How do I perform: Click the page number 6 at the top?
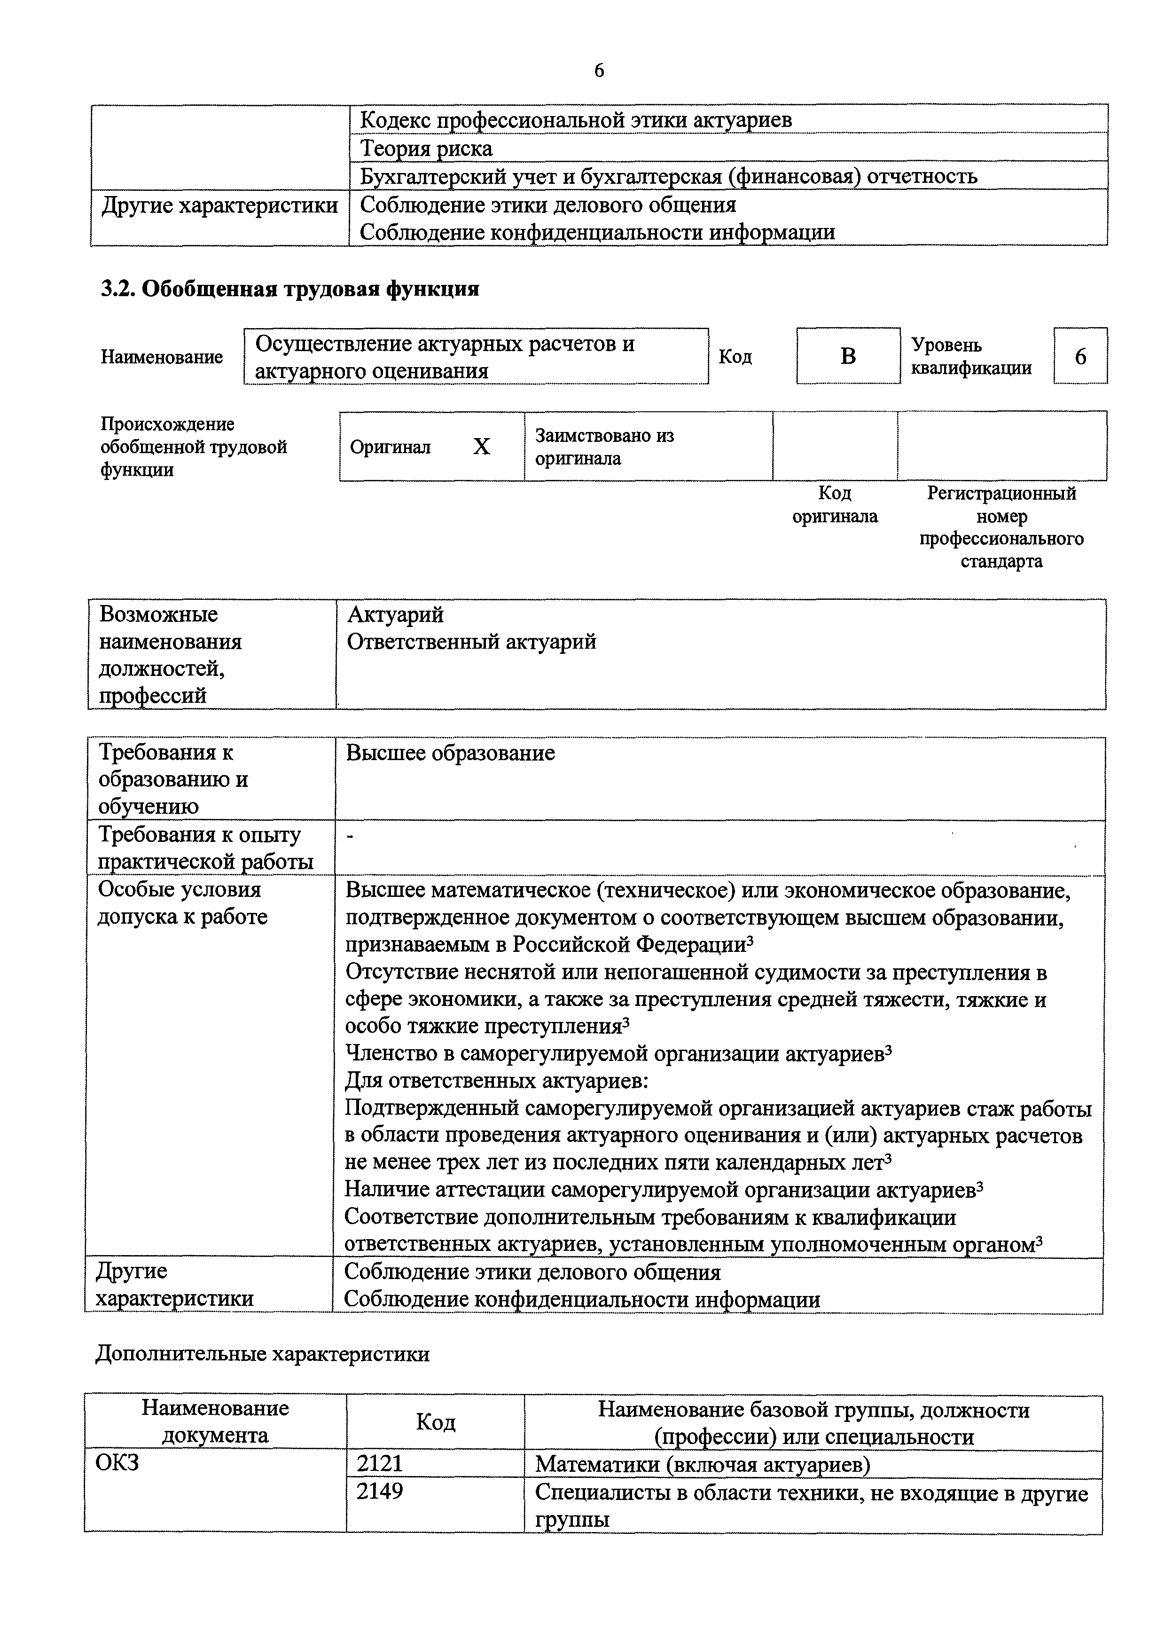click(599, 71)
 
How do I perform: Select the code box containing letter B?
click(848, 356)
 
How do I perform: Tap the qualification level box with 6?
click(1080, 356)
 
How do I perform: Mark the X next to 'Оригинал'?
click(482, 447)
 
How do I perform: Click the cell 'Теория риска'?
click(426, 148)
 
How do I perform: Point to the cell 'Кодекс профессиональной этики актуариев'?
click(576, 119)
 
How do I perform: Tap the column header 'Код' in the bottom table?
click(435, 1422)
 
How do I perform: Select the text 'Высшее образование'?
click(450, 753)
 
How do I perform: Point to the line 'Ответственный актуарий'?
click(472, 641)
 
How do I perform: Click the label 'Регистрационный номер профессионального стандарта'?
click(1001, 527)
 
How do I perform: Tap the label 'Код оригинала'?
click(835, 505)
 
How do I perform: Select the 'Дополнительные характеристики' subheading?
click(263, 1354)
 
